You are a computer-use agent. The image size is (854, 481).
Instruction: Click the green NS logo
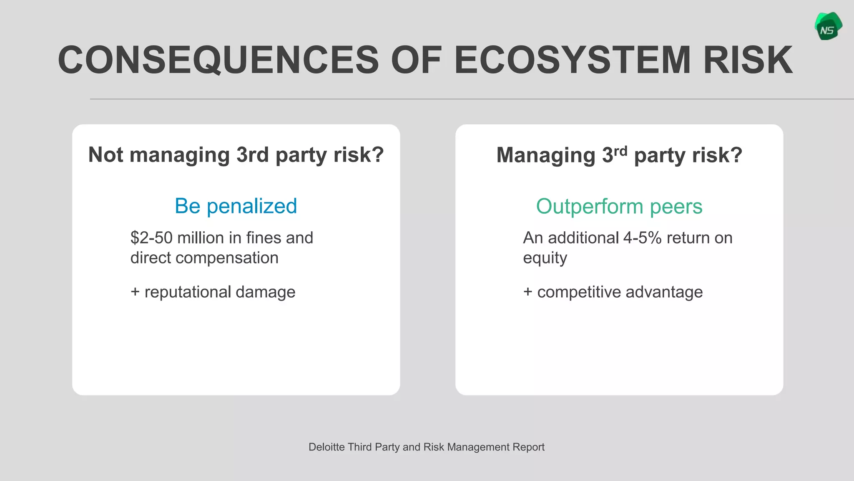pyautogui.click(x=828, y=27)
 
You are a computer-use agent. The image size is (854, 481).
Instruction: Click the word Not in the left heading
pyautogui.click(x=105, y=155)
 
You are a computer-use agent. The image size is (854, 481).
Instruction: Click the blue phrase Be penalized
pyautogui.click(x=236, y=206)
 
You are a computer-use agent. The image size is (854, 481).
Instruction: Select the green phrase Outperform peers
pyautogui.click(x=619, y=206)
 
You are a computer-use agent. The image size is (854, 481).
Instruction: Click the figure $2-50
pyautogui.click(x=151, y=238)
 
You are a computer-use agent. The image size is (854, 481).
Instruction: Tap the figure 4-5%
pyautogui.click(x=642, y=238)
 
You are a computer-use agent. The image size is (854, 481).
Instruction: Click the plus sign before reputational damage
pyautogui.click(x=135, y=292)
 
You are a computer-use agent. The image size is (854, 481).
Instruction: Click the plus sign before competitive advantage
pyautogui.click(x=527, y=292)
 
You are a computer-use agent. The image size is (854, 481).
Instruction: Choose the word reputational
pyautogui.click(x=187, y=292)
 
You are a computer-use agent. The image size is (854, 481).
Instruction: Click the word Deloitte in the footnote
pyautogui.click(x=326, y=447)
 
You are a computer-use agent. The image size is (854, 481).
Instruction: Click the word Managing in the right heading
pyautogui.click(x=545, y=155)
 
